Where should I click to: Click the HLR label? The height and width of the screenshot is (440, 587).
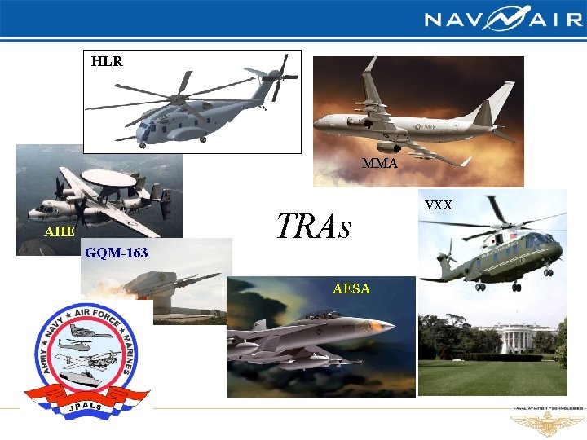(x=107, y=61)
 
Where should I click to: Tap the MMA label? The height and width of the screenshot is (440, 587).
(x=380, y=164)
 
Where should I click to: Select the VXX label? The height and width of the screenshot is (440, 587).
(x=439, y=205)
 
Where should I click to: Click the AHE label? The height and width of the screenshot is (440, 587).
(x=59, y=231)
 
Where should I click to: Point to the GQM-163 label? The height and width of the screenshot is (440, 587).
(x=117, y=253)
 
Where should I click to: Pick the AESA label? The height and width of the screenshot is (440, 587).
(x=351, y=288)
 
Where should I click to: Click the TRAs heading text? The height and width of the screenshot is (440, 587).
(x=314, y=227)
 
